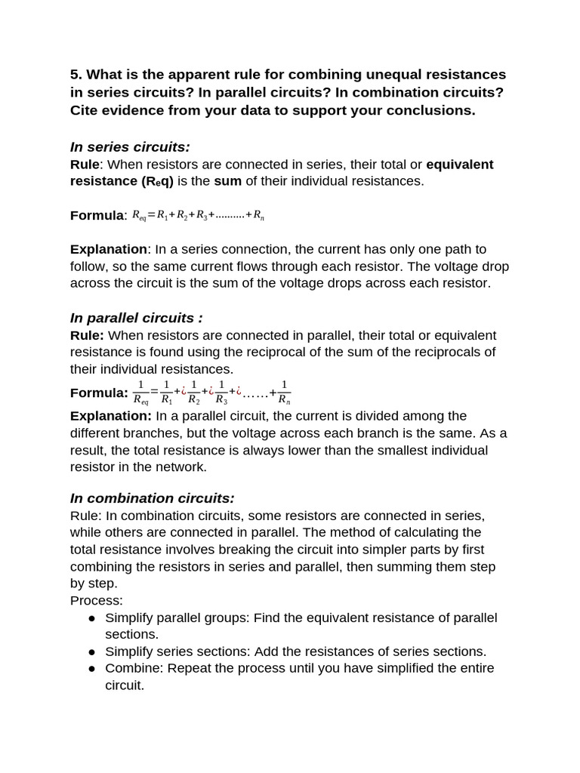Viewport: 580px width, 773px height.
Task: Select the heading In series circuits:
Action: click(x=130, y=146)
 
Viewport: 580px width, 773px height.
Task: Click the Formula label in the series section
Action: click(x=97, y=215)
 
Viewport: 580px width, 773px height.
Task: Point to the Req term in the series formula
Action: click(x=139, y=216)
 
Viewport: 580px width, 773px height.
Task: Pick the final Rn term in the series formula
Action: click(x=258, y=216)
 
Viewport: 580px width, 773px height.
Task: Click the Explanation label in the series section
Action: click(x=109, y=249)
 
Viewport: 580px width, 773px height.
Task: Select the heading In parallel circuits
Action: click(x=136, y=318)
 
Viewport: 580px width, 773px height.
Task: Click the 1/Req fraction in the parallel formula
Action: click(x=140, y=392)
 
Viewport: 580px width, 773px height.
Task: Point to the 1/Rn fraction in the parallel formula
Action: click(x=284, y=392)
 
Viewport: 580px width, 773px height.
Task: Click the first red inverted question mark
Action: click(x=184, y=391)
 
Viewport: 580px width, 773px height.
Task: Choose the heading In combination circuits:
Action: click(x=152, y=498)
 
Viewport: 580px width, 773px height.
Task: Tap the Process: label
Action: click(x=97, y=601)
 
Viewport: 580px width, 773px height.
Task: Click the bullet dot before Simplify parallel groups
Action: click(x=91, y=618)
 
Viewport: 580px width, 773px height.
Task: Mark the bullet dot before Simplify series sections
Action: click(x=91, y=652)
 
